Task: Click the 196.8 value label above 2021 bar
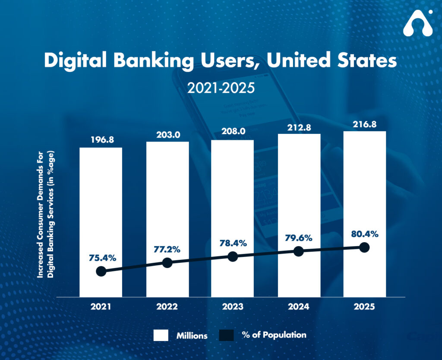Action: [x=101, y=140]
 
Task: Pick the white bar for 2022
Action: [x=167, y=194]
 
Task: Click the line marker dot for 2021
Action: [x=101, y=271]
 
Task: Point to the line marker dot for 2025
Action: [x=364, y=247]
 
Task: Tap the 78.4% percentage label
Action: [x=233, y=243]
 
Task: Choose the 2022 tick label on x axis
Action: [x=167, y=307]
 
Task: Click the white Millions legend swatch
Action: [x=161, y=335]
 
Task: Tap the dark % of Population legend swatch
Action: [x=226, y=335]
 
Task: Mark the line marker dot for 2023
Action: [x=233, y=256]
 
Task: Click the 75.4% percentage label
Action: [x=101, y=258]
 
